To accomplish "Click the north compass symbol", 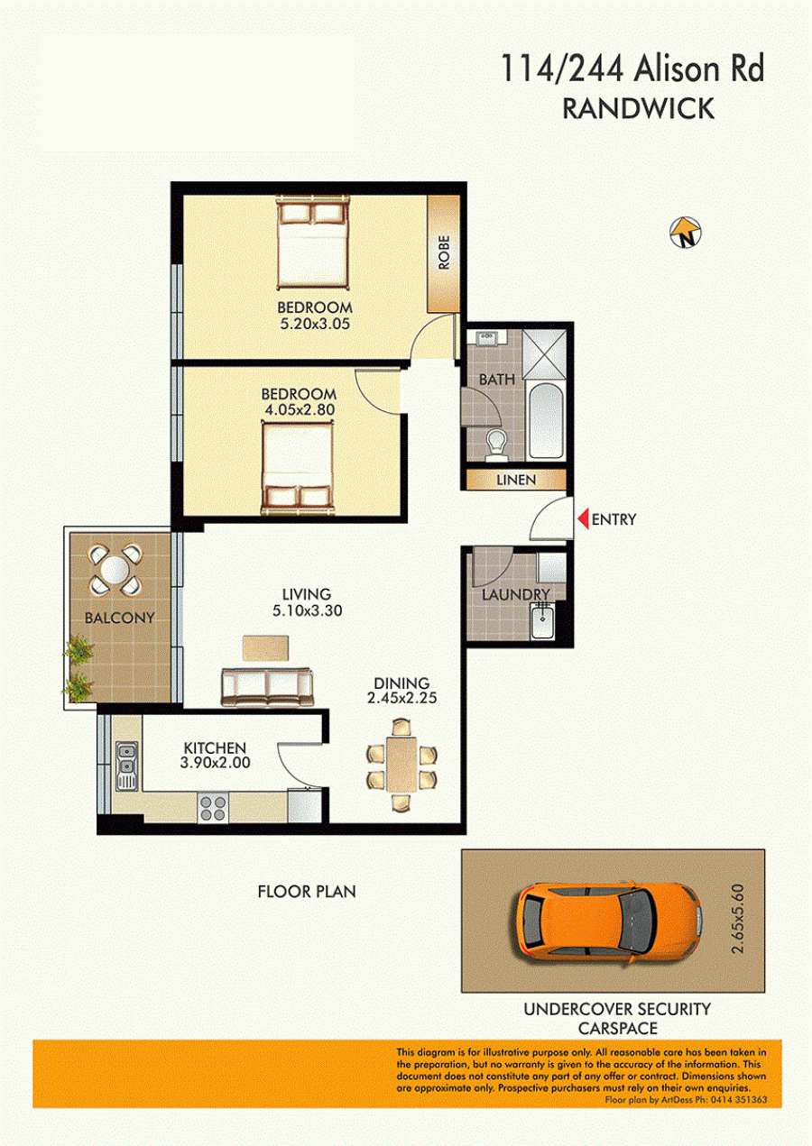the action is pyautogui.click(x=686, y=233).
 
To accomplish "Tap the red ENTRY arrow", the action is pyautogui.click(x=583, y=518).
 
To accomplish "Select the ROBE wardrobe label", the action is pyautogui.click(x=444, y=252).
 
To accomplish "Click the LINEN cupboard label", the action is pyautogui.click(x=516, y=480).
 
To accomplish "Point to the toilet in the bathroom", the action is pyautogui.click(x=495, y=445).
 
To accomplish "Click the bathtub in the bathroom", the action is pyautogui.click(x=545, y=420).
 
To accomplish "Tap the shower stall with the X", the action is pyautogui.click(x=544, y=354).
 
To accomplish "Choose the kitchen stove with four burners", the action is pyautogui.click(x=213, y=808).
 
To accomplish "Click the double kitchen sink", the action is pyautogui.click(x=126, y=766).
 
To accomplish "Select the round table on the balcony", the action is pyautogui.click(x=115, y=570).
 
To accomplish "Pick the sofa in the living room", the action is pyautogui.click(x=267, y=687).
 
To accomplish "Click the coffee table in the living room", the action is pyautogui.click(x=265, y=647).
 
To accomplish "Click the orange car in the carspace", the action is pyautogui.click(x=607, y=921).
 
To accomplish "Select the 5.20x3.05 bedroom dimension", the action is pyautogui.click(x=315, y=324).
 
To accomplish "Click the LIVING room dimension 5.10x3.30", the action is pyautogui.click(x=307, y=610).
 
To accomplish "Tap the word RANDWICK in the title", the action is pyautogui.click(x=638, y=109).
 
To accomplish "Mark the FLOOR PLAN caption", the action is pyautogui.click(x=307, y=892).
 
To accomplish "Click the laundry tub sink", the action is pyautogui.click(x=543, y=620).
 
